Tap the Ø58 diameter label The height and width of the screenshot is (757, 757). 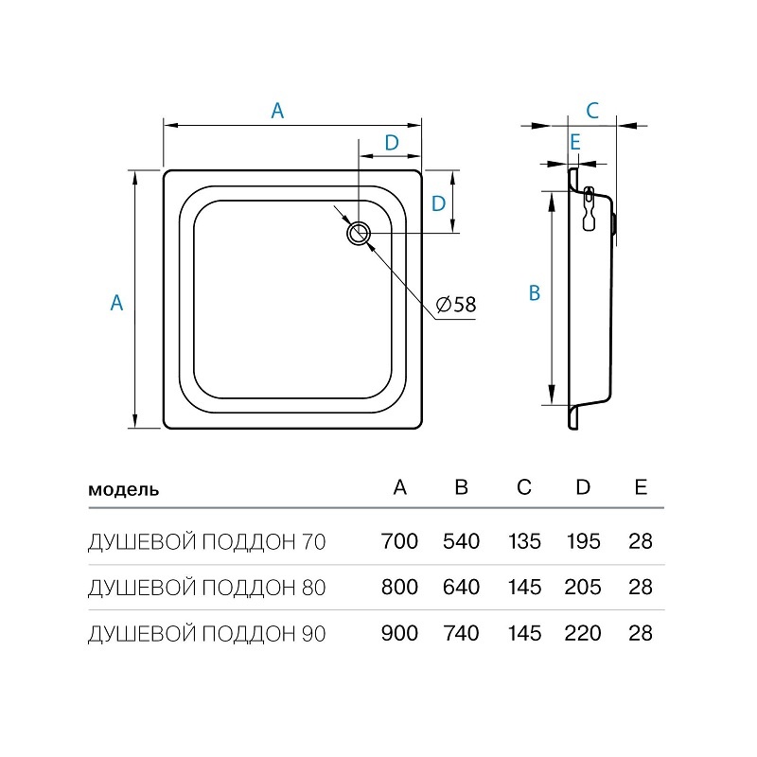[456, 305]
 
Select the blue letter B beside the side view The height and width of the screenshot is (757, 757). [535, 293]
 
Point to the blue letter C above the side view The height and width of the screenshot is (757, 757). [592, 111]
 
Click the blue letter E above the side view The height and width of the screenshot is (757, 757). [574, 143]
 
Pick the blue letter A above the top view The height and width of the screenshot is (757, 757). [277, 111]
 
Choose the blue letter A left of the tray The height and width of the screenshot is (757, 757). [116, 303]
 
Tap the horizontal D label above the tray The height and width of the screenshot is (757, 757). [392, 143]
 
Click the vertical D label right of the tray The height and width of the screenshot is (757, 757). [438, 203]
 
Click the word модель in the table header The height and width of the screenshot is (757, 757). [124, 489]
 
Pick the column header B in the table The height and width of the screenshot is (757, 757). [462, 486]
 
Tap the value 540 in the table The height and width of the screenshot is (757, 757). [462, 541]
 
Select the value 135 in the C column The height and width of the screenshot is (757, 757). [524, 541]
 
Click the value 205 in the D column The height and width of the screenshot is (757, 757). [583, 587]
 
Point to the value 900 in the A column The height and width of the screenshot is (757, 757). [399, 633]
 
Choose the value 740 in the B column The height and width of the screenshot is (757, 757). [461, 633]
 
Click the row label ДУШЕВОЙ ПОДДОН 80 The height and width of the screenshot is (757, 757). [207, 588]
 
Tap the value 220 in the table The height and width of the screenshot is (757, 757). [583, 633]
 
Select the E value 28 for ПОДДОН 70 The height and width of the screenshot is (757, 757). [641, 541]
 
